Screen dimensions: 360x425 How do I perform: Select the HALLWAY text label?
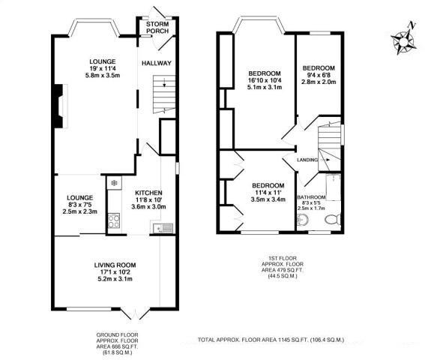click(157, 63)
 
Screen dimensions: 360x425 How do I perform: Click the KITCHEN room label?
click(148, 192)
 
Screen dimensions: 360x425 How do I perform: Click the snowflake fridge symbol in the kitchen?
click(113, 182)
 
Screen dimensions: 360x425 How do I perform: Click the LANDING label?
click(307, 160)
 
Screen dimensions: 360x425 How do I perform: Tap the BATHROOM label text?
click(311, 197)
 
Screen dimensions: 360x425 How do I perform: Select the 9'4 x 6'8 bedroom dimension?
click(318, 76)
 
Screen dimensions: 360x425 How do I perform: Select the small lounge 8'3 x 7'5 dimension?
click(80, 206)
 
